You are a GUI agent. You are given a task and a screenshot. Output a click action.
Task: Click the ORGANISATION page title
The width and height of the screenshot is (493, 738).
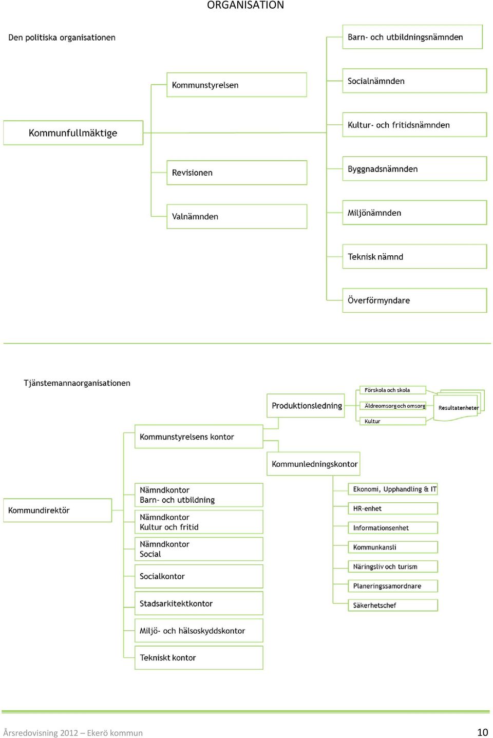[245, 5]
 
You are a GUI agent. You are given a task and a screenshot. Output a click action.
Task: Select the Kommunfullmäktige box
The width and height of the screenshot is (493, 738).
[73, 133]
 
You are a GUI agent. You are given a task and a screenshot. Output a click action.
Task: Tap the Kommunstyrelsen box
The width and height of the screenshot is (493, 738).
[237, 85]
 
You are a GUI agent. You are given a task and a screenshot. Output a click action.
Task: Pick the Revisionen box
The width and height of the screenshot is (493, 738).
[237, 173]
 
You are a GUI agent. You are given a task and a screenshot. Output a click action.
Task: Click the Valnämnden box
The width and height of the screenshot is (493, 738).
[237, 216]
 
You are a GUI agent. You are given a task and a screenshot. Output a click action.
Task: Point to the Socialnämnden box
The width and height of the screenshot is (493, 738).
[414, 81]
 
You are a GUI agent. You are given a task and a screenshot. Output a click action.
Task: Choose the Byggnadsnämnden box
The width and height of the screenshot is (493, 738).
[414, 168]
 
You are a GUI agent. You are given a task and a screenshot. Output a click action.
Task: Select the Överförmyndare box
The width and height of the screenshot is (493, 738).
[414, 300]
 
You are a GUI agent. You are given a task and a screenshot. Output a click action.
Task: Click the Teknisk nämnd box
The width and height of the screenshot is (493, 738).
[414, 256]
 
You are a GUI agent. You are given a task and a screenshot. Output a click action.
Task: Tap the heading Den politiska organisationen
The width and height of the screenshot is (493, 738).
[62, 37]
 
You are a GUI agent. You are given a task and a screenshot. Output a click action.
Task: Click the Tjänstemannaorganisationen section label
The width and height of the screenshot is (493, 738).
[77, 383]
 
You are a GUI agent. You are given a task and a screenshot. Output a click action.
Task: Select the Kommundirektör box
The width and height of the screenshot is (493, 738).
[58, 510]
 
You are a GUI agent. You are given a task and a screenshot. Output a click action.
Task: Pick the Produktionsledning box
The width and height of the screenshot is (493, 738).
[306, 406]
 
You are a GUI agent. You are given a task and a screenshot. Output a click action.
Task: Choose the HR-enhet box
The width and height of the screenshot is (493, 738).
[393, 508]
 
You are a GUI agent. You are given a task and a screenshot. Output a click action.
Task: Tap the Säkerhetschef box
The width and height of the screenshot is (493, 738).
[393, 605]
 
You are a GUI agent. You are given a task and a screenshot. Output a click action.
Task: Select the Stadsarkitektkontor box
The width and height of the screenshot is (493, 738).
[199, 603]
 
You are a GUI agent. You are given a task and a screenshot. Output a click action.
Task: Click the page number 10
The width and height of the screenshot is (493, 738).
[482, 732]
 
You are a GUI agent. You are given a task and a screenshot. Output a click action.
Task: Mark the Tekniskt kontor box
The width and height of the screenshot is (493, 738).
[199, 657]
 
